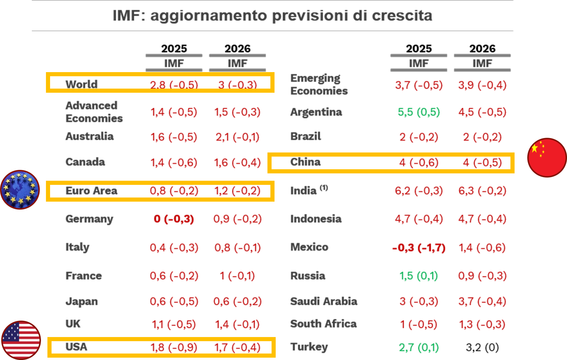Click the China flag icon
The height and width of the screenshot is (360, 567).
[547, 157]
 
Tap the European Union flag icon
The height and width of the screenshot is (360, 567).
[20, 190]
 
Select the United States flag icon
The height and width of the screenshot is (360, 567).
[21, 340]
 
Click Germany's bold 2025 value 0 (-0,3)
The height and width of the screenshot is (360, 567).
[174, 219]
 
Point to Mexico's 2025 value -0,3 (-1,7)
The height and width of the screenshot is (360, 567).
[419, 248]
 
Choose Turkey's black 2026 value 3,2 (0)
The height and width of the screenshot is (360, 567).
[482, 347]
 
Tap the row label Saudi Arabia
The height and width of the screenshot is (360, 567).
[324, 301]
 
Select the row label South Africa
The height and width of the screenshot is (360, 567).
[323, 324]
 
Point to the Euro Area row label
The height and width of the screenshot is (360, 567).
[91, 191]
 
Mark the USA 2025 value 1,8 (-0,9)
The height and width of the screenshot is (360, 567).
[174, 347]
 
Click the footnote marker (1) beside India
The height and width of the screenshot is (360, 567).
[324, 188]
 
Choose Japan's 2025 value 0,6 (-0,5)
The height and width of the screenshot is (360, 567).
[174, 301]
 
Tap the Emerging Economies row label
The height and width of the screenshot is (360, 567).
[319, 84]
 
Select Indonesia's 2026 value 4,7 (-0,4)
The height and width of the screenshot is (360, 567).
[482, 219]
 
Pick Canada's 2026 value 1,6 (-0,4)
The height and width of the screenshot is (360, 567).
[237, 162]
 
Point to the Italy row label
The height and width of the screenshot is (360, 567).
[77, 247]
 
